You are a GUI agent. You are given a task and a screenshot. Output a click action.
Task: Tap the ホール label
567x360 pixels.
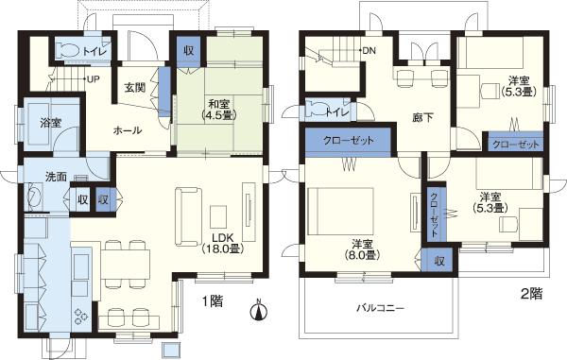(x=128, y=130)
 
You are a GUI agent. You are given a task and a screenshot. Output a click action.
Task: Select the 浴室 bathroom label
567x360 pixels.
(x=49, y=123)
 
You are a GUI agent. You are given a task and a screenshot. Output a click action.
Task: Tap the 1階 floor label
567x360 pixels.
(x=212, y=301)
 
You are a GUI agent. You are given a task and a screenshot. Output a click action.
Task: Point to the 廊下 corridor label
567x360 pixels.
(x=423, y=118)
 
